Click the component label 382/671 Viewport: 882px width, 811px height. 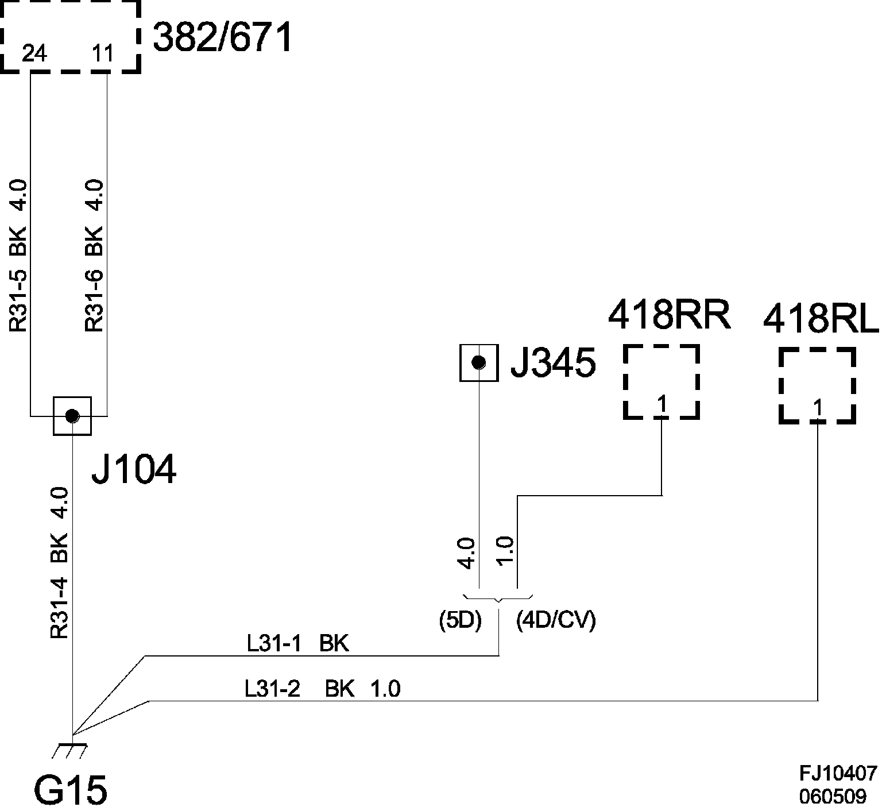[223, 38]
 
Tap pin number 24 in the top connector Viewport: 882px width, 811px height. [34, 55]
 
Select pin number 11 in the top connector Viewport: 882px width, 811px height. [103, 55]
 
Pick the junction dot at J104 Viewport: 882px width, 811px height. [72, 415]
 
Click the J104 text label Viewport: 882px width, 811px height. [134, 470]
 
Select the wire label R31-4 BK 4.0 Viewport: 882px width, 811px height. [60, 563]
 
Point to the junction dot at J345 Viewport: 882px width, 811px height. [478, 362]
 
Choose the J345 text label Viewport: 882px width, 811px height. [553, 363]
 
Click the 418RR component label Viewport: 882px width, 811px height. [669, 315]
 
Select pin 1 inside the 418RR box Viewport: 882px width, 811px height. [662, 405]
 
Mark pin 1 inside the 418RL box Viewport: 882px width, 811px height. [818, 408]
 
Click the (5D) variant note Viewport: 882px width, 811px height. [459, 620]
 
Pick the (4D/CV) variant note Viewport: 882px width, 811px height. [556, 620]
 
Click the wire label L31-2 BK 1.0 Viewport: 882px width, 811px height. [322, 688]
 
